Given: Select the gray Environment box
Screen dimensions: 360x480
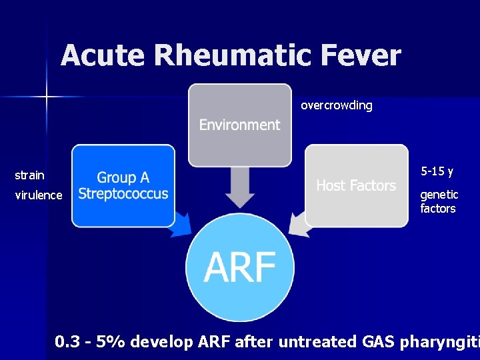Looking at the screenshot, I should point(239,125).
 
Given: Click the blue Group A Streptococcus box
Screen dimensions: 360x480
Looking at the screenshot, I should point(123,185).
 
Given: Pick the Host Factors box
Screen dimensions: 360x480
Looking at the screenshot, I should point(356,185).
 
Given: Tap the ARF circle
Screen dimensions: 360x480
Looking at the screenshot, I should point(239,268).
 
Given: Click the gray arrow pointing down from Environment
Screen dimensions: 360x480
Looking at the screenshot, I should point(239,187).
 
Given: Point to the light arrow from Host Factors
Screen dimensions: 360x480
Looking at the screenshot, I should point(301,224).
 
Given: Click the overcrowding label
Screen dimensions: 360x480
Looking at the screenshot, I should point(336,105).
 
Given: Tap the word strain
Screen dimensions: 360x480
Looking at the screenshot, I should point(29,175).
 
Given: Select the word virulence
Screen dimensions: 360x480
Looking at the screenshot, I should point(38,195).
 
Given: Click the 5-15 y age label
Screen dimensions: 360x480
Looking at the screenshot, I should point(437,172).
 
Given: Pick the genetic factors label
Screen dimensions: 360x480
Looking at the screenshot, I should point(439,201).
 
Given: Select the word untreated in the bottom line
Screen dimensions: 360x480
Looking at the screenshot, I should point(317,342).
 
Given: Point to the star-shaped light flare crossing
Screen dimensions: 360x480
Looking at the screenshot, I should point(47,97).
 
